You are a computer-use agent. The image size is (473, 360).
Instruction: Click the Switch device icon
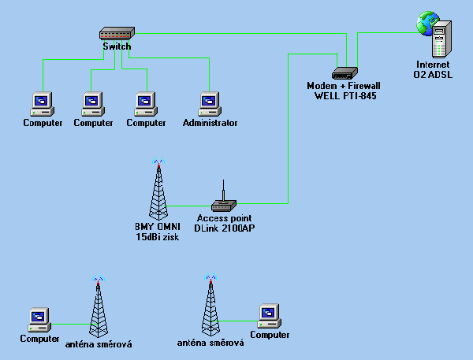tap(117, 34)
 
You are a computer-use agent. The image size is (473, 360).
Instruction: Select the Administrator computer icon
tap(209, 103)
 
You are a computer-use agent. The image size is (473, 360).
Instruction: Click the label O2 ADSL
tap(434, 74)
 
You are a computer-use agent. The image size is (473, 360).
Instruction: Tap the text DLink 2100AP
tap(225, 228)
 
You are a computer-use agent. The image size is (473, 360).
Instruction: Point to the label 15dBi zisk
tap(157, 237)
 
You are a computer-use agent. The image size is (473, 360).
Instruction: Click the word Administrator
tap(210, 123)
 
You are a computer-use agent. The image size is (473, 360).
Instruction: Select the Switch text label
tap(117, 46)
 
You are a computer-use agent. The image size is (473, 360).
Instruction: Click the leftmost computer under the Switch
tap(41, 103)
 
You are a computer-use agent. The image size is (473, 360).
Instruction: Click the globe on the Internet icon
tap(428, 20)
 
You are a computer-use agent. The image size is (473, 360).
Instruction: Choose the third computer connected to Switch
tap(144, 103)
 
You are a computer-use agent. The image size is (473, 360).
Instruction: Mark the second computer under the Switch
tap(93, 103)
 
